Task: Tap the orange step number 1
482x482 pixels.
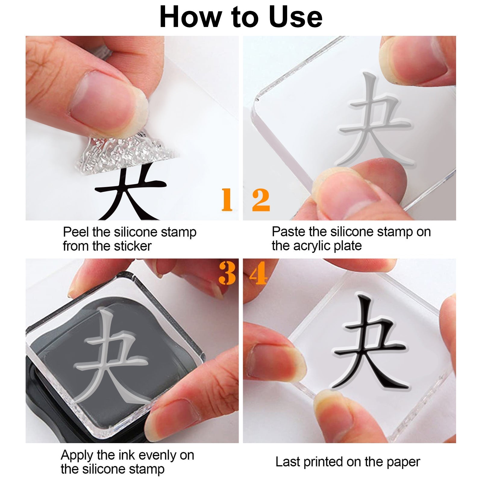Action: pyautogui.click(x=227, y=200)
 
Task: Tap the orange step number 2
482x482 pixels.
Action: pyautogui.click(x=261, y=200)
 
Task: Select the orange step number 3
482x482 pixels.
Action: pyautogui.click(x=227, y=273)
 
